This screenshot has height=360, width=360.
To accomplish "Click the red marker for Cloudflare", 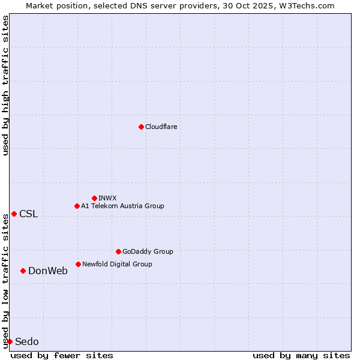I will [141, 127].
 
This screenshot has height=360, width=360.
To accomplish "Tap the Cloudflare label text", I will [161, 127].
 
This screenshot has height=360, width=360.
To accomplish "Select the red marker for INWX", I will [94, 198].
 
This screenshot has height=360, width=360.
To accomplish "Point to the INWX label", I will [107, 198].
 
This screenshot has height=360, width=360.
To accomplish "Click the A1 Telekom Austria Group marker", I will [77, 206].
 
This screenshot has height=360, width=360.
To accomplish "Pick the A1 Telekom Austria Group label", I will [122, 206].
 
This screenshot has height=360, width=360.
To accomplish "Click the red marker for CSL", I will [14, 214].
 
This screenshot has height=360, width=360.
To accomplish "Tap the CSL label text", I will [28, 214].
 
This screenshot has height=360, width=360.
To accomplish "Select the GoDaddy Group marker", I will [118, 251].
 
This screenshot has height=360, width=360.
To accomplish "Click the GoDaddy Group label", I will [148, 251].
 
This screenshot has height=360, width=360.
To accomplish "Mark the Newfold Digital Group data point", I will [78, 264].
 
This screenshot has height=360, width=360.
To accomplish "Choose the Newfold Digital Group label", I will [117, 264].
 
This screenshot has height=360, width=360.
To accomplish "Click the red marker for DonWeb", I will [23, 271].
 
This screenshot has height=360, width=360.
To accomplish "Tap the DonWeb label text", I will [48, 271].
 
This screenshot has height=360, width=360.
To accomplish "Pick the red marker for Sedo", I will [10, 341].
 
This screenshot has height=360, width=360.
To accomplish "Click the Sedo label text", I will [27, 342].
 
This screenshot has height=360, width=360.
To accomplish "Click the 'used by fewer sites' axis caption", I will [62, 355].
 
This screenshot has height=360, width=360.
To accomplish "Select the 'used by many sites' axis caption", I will [301, 355].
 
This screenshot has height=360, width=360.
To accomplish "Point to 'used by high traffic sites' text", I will [5, 85].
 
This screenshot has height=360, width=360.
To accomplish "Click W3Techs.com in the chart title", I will [305, 5].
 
